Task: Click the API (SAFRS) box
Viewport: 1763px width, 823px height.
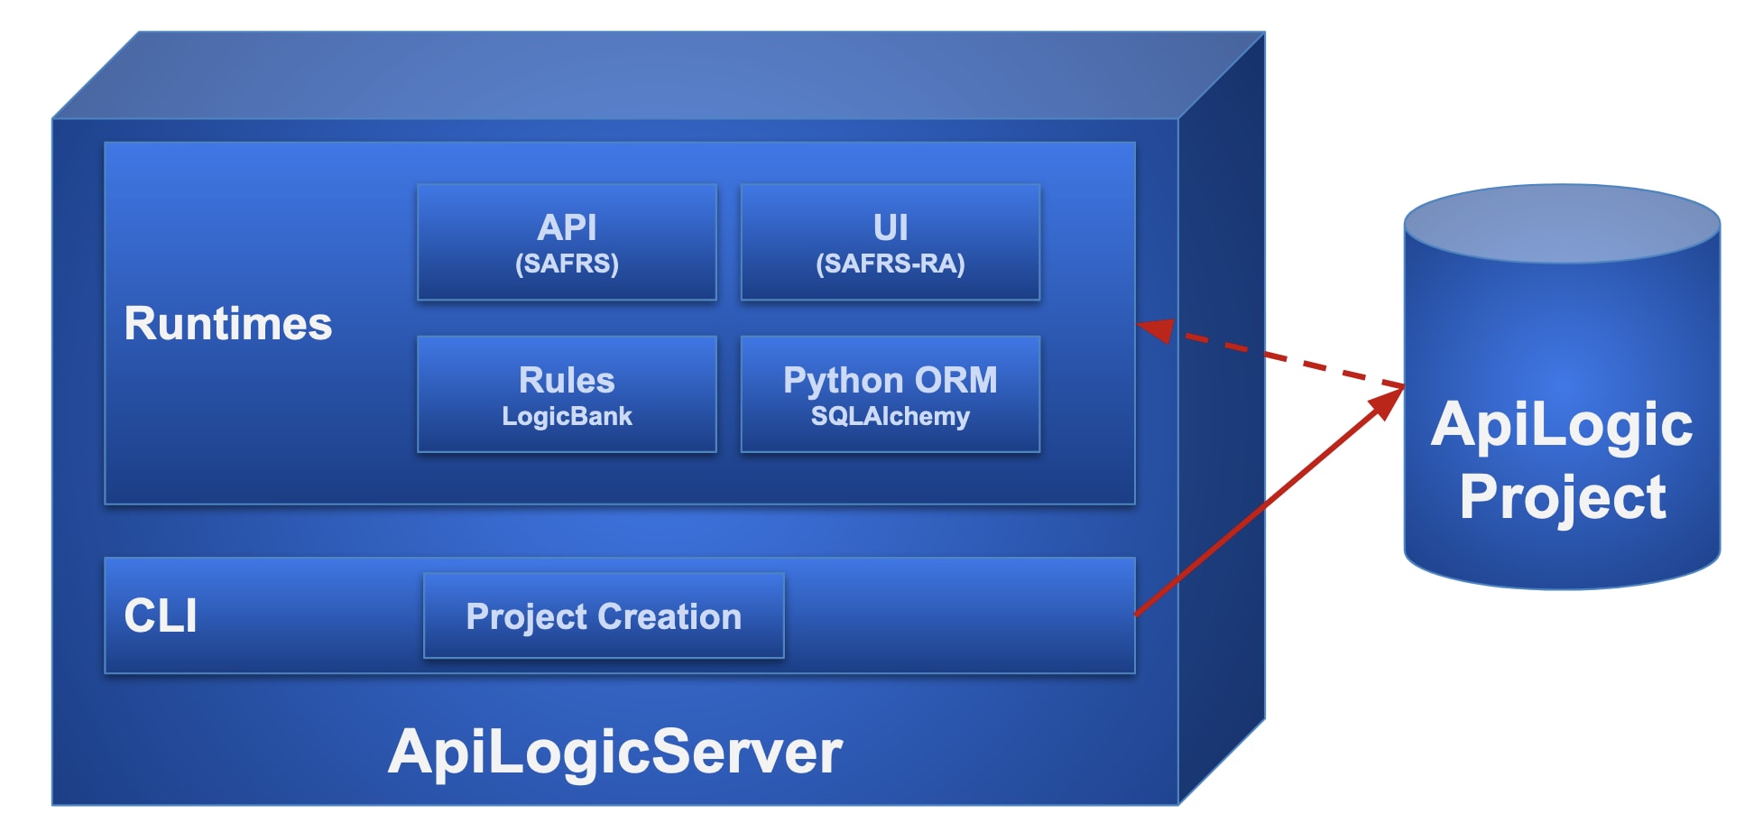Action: coord(567,242)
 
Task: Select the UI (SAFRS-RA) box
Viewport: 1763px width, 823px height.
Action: coord(890,242)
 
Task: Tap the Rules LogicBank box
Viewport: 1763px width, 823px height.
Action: coord(567,394)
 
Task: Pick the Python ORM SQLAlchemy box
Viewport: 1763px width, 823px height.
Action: coord(890,394)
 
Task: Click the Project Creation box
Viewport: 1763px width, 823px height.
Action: coord(604,616)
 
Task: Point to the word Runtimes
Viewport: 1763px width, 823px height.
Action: coord(228,324)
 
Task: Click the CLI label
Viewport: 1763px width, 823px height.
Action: coord(161,616)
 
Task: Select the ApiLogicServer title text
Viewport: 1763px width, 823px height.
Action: coord(615,752)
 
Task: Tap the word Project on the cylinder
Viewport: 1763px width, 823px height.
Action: coord(1563,497)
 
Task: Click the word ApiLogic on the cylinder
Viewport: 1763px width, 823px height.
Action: coord(1562,424)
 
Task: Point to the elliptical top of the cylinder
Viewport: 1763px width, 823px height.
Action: coord(1562,223)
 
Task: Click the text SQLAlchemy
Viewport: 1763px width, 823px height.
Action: coord(890,416)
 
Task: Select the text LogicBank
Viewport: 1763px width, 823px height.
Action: coord(567,416)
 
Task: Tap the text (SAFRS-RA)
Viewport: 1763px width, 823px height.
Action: coord(890,264)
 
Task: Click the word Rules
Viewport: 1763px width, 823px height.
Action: coord(567,380)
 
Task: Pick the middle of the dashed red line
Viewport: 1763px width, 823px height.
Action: coord(1281,359)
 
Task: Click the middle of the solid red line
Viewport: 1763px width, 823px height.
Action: coord(1263,505)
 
